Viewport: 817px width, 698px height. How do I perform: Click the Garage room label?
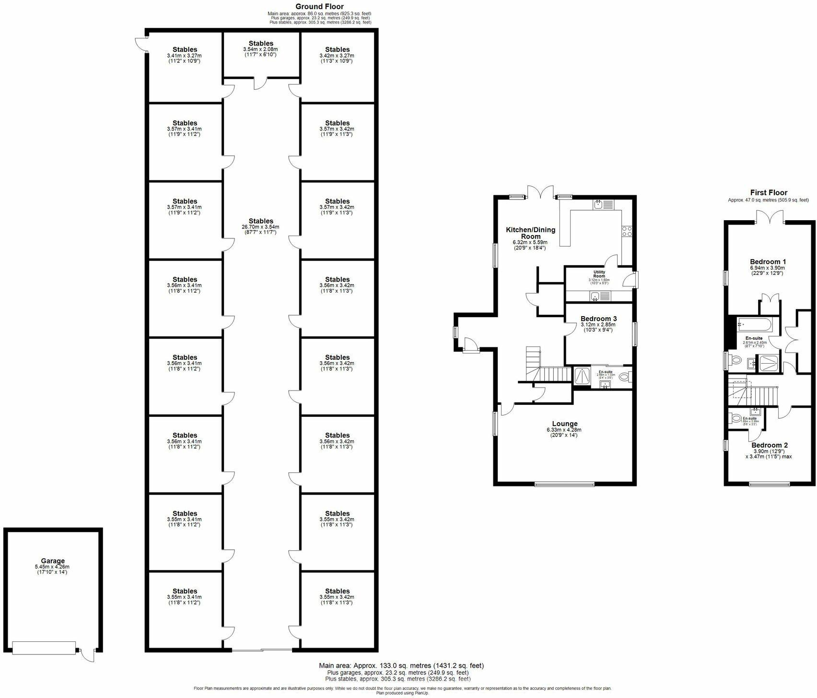tap(53, 561)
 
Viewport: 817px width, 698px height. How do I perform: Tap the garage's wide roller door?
tap(44, 648)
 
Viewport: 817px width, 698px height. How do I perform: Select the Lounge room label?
tap(564, 424)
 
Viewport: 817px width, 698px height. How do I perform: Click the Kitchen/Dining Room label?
tap(531, 233)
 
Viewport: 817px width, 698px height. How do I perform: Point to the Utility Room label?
tap(599, 274)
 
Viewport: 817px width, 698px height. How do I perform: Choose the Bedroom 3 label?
tap(598, 319)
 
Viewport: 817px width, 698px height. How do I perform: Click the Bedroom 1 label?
tap(768, 262)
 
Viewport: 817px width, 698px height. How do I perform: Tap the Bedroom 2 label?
tap(769, 445)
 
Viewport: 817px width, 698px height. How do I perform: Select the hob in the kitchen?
tap(626, 231)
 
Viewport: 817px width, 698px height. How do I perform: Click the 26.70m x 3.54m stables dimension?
tap(261, 227)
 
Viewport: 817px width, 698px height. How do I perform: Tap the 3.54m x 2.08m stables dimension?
tap(261, 49)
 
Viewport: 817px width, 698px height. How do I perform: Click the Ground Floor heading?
tap(319, 6)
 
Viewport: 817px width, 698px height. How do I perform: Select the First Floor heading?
tap(769, 192)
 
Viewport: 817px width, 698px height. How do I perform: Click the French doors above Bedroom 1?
tap(770, 217)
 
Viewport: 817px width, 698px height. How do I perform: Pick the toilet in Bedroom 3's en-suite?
tap(624, 378)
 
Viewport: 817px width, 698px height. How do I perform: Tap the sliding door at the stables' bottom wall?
tap(262, 650)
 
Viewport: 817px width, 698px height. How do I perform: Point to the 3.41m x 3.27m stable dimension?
tap(185, 56)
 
